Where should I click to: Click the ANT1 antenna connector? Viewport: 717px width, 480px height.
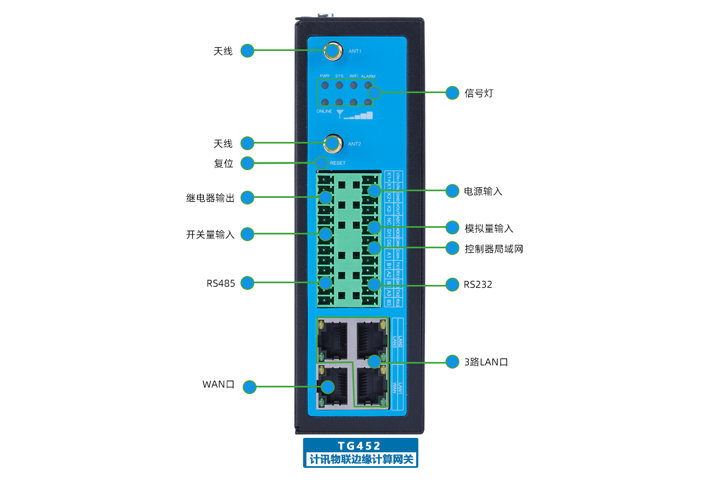pyautogui.click(x=332, y=51)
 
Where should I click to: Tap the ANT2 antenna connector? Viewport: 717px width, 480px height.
pyautogui.click(x=332, y=143)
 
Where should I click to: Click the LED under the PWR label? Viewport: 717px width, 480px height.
pyautogui.click(x=325, y=86)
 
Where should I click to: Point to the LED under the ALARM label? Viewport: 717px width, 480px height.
pyautogui.click(x=368, y=86)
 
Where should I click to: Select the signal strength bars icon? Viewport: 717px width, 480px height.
pyautogui.click(x=361, y=116)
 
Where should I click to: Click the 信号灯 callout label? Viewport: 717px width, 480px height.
pyautogui.click(x=479, y=93)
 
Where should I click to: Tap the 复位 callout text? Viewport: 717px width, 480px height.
pyautogui.click(x=223, y=164)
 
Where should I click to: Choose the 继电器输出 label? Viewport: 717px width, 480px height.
pyautogui.click(x=210, y=198)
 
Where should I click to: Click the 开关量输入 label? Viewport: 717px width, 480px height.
pyautogui.click(x=210, y=234)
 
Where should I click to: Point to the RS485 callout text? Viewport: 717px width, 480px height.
pyautogui.click(x=221, y=283)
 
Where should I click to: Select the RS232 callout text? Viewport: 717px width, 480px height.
pyautogui.click(x=478, y=285)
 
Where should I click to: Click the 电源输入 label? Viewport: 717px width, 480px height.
pyautogui.click(x=483, y=191)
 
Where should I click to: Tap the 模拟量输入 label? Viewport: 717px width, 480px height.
pyautogui.click(x=489, y=228)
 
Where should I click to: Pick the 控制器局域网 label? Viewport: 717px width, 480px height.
pyautogui.click(x=494, y=249)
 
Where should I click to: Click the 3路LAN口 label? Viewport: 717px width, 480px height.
pyautogui.click(x=486, y=362)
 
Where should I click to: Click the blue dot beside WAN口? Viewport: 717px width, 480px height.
pyautogui.click(x=250, y=387)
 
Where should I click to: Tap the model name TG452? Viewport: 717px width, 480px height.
pyautogui.click(x=360, y=446)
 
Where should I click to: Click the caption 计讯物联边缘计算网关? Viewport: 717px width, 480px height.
pyautogui.click(x=360, y=459)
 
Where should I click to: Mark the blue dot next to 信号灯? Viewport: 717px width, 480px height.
pyautogui.click(x=453, y=93)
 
